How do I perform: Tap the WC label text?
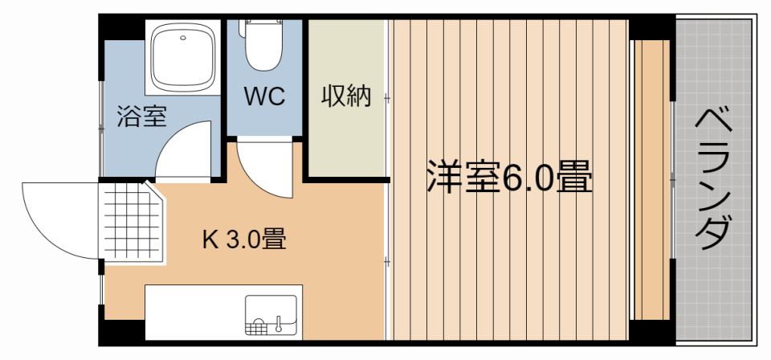tap(264, 97)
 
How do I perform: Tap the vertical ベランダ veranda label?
tap(712, 179)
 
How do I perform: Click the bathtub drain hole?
tap(183, 37)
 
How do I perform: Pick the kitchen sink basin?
tap(271, 315)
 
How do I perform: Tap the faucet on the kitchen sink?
tap(278, 322)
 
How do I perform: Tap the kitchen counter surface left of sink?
tap(194, 313)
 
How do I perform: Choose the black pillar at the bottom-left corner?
tap(121, 332)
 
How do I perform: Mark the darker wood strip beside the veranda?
tap(651, 180)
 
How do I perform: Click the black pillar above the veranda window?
tap(651, 28)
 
